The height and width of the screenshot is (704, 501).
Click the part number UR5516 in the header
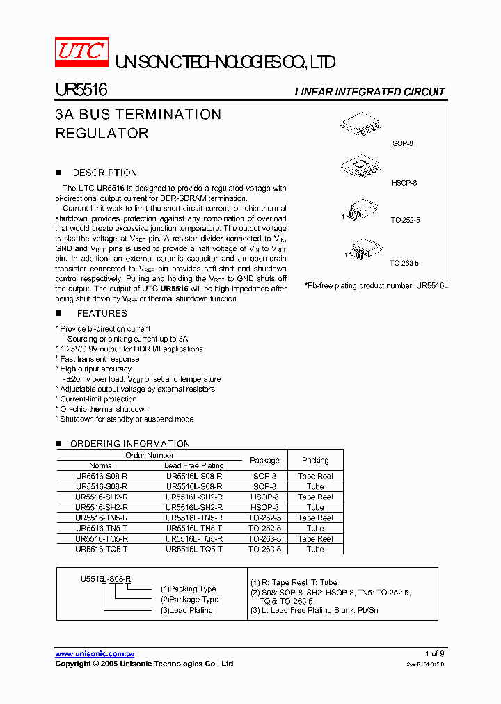[x=81, y=90]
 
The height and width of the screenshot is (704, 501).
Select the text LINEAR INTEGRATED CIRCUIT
[x=369, y=92]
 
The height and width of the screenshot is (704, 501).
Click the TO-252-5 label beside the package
[x=405, y=220]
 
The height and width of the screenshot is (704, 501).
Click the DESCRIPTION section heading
[x=105, y=173]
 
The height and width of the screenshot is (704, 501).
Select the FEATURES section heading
[x=102, y=314]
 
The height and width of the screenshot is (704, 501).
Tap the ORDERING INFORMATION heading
[x=130, y=444]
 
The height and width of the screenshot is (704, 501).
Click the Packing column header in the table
[x=315, y=461]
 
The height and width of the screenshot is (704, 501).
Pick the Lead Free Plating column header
[x=194, y=465]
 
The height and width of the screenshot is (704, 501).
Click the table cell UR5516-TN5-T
[x=102, y=529]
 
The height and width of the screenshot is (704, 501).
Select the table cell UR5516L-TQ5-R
[x=194, y=539]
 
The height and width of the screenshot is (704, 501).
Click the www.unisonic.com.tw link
[x=95, y=654]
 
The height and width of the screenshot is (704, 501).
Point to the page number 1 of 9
[x=434, y=654]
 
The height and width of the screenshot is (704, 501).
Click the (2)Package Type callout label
[x=189, y=600]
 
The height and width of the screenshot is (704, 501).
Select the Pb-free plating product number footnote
[x=375, y=286]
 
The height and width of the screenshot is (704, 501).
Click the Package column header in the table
[x=264, y=461]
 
